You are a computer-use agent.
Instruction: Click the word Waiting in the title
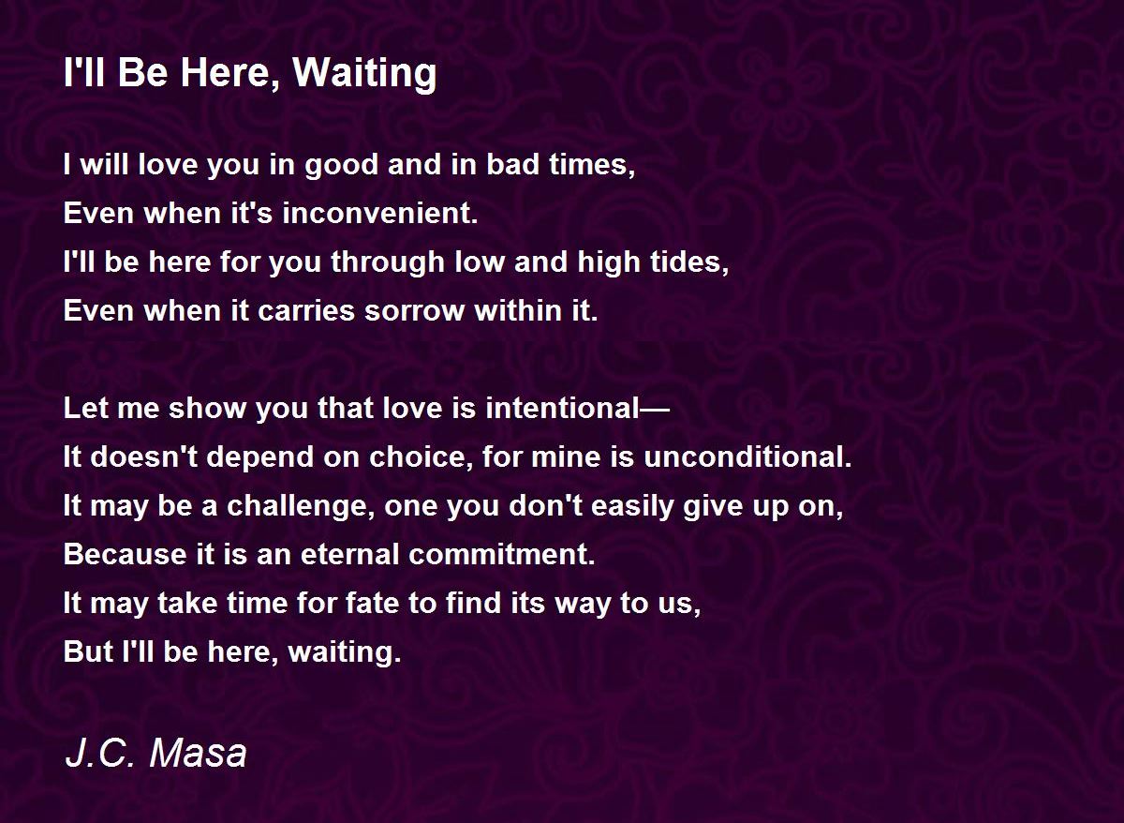tap(364, 74)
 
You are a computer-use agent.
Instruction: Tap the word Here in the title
tap(229, 73)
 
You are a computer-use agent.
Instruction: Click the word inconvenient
tap(380, 213)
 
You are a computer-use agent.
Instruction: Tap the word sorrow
tap(414, 311)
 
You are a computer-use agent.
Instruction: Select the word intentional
tap(563, 408)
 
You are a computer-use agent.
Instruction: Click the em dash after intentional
tap(655, 409)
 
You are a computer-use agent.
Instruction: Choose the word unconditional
tap(747, 456)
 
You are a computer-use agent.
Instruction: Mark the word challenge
tap(301, 506)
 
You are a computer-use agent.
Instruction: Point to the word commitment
tap(502, 554)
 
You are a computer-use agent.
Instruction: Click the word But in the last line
tap(88, 651)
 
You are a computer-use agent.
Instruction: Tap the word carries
tap(306, 311)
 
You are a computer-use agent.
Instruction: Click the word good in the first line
tap(341, 166)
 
